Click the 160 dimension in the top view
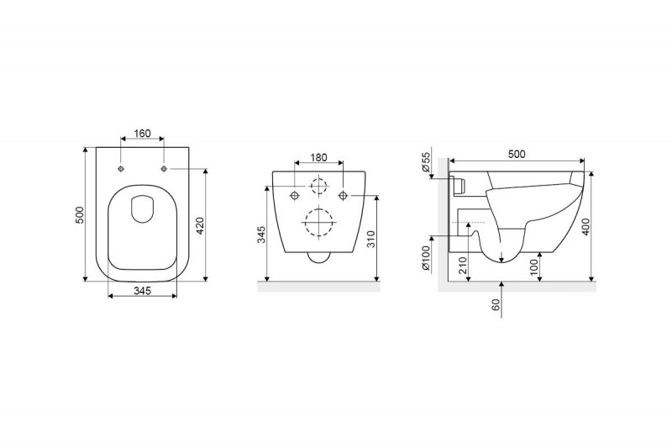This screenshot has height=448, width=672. (142, 134)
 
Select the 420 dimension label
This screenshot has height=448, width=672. (201, 225)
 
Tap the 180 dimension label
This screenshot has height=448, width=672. (318, 157)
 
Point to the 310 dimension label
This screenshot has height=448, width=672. (371, 239)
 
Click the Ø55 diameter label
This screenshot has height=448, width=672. (425, 162)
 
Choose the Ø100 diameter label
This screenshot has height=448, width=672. (425, 258)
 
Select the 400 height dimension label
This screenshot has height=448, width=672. (585, 226)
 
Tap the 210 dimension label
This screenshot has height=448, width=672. (463, 266)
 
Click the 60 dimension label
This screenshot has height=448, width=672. (496, 305)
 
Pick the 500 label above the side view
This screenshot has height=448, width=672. (517, 154)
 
